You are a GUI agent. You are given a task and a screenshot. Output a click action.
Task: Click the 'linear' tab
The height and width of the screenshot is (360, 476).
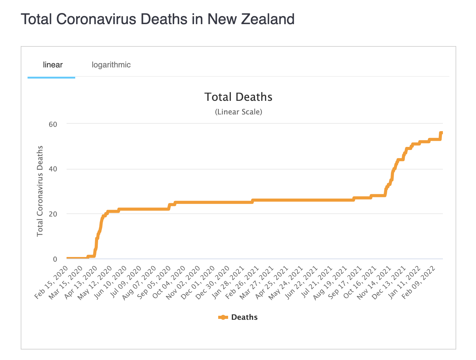(53, 65)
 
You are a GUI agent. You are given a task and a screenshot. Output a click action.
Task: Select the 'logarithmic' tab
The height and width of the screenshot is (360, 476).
(111, 65)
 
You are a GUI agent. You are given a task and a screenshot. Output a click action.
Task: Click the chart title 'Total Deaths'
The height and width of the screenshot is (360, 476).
(238, 97)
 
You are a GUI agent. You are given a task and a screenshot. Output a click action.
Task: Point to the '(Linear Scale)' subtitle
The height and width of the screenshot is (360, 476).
(238, 112)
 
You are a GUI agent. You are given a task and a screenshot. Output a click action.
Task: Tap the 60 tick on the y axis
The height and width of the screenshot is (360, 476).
(53, 124)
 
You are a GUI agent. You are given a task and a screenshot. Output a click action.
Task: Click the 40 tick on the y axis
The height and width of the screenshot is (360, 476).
(53, 169)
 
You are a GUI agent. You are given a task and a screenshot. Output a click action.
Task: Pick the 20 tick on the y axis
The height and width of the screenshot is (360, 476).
(53, 214)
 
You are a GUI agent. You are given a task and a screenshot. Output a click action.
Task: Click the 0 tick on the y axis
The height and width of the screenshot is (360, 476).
(55, 259)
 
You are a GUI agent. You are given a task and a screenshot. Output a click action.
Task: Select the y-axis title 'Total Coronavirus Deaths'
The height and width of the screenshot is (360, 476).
(40, 191)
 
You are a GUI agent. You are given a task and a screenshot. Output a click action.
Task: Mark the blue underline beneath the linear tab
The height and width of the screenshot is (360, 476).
(51, 77)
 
